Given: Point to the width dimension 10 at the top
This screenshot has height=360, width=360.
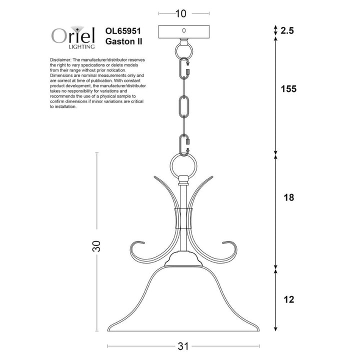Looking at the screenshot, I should tap(183, 14).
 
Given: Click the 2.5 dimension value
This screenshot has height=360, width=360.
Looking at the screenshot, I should tap(286, 30).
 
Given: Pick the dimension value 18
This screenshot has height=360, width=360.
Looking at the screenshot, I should tap(288, 197).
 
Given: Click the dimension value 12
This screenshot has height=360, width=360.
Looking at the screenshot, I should tap(287, 300).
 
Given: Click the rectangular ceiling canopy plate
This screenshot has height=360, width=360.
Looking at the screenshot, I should tap(183, 31).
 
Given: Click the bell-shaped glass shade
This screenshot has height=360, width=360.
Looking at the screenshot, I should tap(183, 300).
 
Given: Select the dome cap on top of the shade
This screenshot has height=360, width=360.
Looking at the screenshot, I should tap(183, 260).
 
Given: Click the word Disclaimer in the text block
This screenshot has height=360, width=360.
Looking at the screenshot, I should tap(62, 59).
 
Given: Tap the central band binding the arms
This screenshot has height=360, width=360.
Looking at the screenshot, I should tap(183, 217).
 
